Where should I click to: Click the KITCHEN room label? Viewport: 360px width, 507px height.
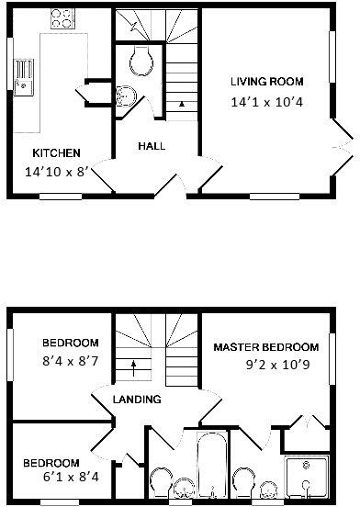pyautogui.click(x=56, y=152)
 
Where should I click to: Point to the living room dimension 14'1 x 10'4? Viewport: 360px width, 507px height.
pyautogui.click(x=266, y=103)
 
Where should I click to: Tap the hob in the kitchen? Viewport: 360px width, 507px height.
pyautogui.click(x=62, y=17)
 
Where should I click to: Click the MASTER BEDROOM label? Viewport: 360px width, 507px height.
pyautogui.click(x=266, y=347)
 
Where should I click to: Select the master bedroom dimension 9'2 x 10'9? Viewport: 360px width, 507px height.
pyautogui.click(x=266, y=366)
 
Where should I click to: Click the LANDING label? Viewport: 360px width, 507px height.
pyautogui.click(x=137, y=400)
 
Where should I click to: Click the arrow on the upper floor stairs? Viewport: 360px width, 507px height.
pyautogui.click(x=134, y=366)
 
